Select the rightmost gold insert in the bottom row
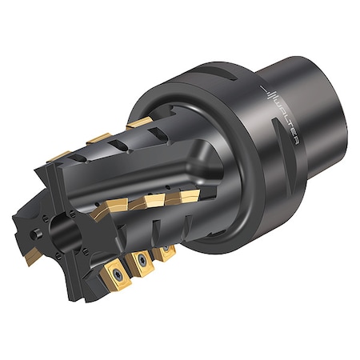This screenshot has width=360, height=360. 166,252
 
